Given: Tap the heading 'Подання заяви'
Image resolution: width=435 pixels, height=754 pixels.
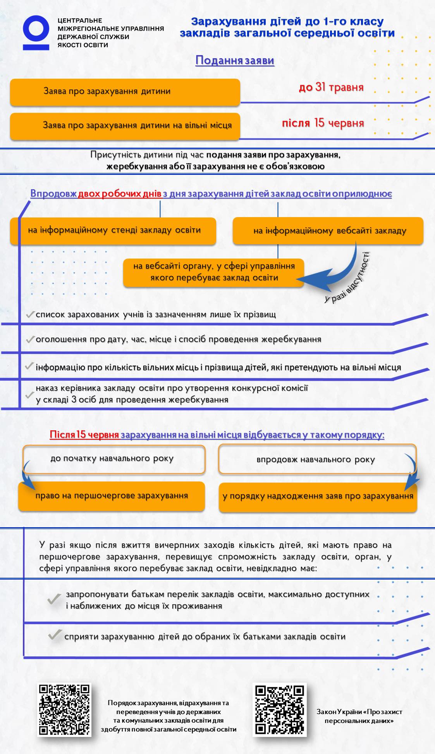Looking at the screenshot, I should tap(235, 60).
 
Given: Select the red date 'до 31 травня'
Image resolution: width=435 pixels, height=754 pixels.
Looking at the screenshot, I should tap(331, 87).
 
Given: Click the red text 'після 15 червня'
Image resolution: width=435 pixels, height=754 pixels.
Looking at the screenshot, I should tap(323, 123).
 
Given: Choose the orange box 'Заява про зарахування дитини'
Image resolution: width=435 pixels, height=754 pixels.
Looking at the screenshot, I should tap(125, 92).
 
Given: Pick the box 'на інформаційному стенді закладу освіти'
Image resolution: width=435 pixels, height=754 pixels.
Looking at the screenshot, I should tap(113, 230).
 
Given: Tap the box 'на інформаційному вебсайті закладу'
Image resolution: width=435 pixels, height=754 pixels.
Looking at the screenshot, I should tap(328, 231).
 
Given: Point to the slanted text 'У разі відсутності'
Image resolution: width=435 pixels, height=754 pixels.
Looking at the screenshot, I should tap(347, 278).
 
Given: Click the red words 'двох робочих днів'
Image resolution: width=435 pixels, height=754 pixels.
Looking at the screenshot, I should tap(120, 193).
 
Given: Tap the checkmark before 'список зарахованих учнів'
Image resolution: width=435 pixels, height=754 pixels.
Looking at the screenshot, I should tap(30, 314).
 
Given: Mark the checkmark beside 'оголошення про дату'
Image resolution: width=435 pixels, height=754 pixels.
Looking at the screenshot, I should tap(30, 340).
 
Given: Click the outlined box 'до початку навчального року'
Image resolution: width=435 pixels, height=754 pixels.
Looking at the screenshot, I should tap(114, 459).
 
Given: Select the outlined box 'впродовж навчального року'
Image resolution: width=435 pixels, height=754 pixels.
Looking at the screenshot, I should tap(317, 460).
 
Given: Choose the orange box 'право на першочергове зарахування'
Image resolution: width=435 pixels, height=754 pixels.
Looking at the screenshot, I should tap(112, 496).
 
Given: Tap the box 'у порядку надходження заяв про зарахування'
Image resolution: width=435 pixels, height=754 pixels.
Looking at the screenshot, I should tap(318, 497).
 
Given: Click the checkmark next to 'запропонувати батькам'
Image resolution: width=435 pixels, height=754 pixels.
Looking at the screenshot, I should tap(54, 599).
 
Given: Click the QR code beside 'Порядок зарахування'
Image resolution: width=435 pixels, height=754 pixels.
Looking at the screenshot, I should tap(64, 709).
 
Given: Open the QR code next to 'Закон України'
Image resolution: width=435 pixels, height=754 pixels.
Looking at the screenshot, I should tap(280, 709).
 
